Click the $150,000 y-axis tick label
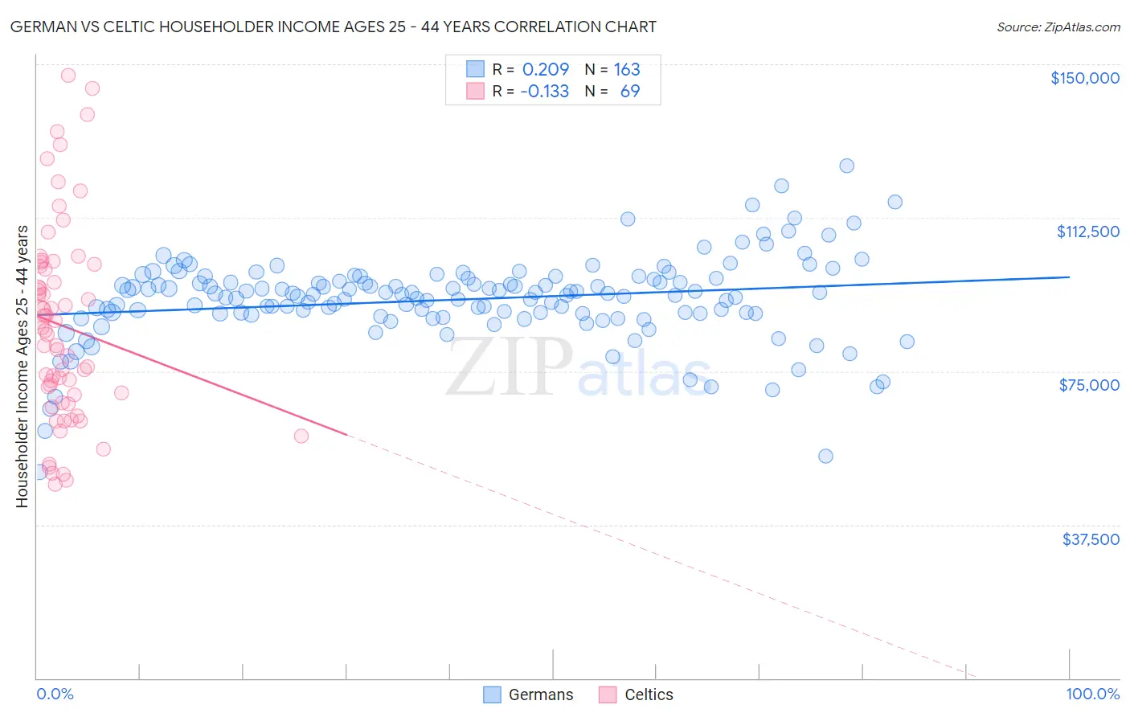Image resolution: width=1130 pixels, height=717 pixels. tap(1084, 78)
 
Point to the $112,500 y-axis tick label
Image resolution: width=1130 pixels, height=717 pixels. tap(1087, 231)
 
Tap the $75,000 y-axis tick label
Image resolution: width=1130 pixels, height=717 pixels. tap(1089, 385)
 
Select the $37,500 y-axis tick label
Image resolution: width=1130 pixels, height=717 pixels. tap(1090, 539)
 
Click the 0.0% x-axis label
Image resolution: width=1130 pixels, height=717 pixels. tap(55, 694)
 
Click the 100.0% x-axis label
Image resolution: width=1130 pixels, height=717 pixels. tap(1092, 694)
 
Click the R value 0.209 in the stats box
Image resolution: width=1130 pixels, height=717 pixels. tap(545, 69)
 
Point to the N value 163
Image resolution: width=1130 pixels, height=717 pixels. tap(627, 69)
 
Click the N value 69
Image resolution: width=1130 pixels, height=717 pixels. tap(630, 91)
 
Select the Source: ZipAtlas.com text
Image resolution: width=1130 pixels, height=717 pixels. tap(1058, 27)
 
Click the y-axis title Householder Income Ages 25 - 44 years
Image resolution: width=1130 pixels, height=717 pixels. tap(22, 366)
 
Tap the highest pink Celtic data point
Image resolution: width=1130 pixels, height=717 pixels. tap(68, 75)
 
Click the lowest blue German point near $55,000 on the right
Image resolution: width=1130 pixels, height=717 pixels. tap(825, 456)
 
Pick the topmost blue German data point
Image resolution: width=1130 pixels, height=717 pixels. tap(846, 166)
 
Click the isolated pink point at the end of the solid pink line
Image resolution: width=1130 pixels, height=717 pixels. tap(301, 436)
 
